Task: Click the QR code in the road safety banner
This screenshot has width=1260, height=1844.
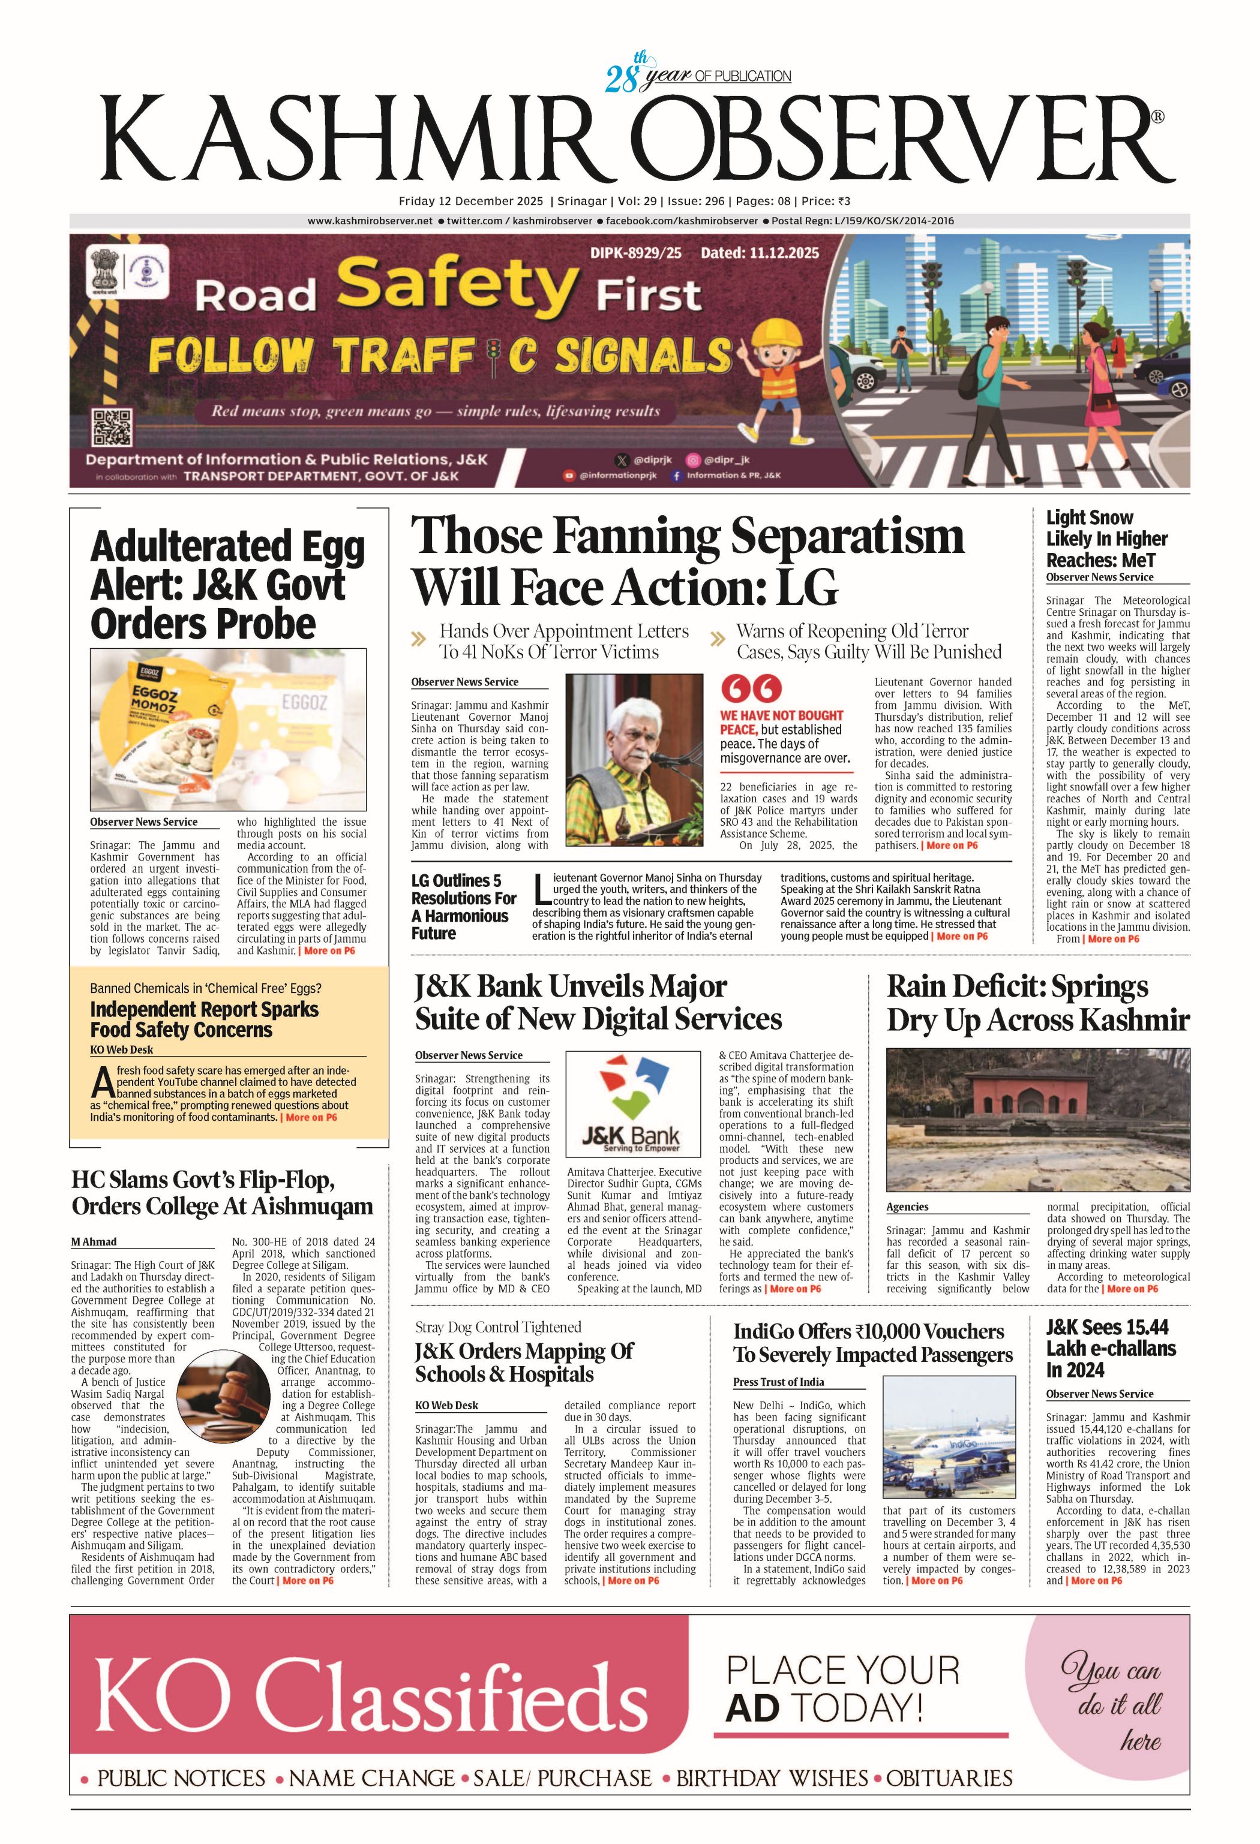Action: pyautogui.click(x=112, y=427)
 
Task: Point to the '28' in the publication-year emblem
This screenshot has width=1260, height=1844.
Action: pyautogui.click(x=622, y=79)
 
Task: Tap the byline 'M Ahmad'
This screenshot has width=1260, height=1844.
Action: pyautogui.click(x=94, y=1241)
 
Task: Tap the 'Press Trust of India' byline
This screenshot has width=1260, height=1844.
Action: pyautogui.click(x=778, y=1382)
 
